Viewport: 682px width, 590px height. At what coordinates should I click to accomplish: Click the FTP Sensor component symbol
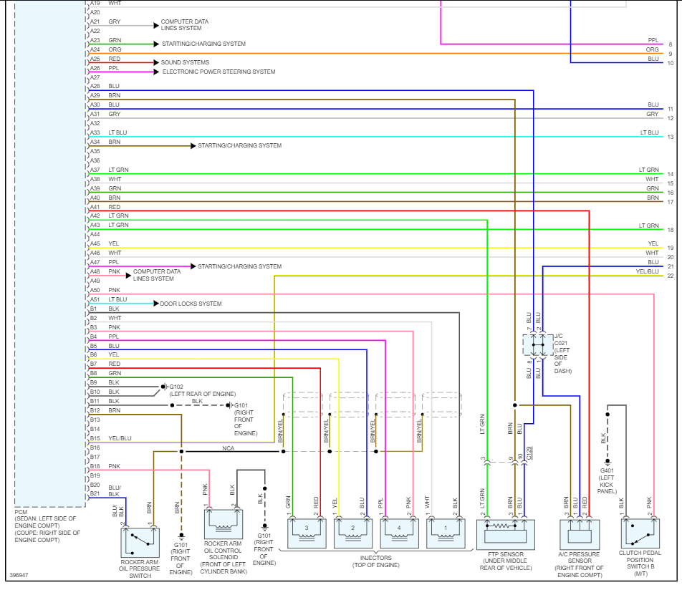click(505, 534)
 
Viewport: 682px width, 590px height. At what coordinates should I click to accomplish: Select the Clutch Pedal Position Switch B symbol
click(640, 534)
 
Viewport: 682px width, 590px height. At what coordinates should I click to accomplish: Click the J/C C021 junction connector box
click(537, 345)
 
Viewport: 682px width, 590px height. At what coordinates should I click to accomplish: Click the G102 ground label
click(177, 387)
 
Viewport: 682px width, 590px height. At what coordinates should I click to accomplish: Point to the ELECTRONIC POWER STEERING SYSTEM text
click(218, 72)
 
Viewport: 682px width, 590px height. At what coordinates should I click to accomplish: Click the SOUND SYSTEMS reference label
click(185, 63)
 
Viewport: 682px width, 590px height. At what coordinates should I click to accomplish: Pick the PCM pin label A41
click(95, 207)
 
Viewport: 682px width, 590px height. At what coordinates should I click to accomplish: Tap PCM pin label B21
click(93, 493)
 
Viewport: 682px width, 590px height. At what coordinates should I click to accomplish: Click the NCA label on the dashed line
click(229, 448)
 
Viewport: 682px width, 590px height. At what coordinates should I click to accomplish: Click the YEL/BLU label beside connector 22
click(647, 271)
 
